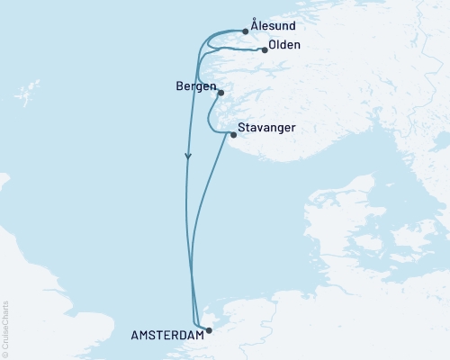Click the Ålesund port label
tap(276, 27)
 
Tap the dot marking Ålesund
tap(246, 31)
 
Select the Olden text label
tap(285, 45)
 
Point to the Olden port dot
tap(265, 50)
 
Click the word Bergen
tap(196, 87)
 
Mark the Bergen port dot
tap(220, 92)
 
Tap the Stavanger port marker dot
tap(233, 135)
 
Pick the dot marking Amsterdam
tap(209, 330)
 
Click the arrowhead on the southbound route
tap(188, 156)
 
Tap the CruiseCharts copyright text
tap(5, 329)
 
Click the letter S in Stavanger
tap(242, 128)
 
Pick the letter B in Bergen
tap(181, 87)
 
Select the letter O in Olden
tap(273, 45)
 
